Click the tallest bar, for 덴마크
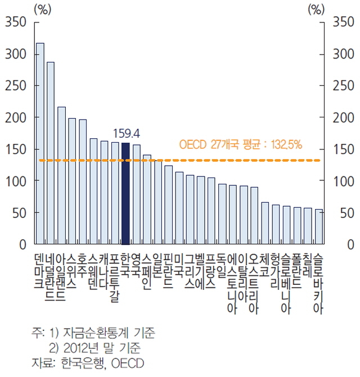pyautogui.click(x=40, y=144)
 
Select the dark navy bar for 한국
pyautogui.click(x=125, y=194)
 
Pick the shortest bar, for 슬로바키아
pyautogui.click(x=319, y=227)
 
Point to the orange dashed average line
pyautogui.click(x=225, y=160)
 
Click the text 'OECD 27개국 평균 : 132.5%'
pyautogui.click(x=241, y=144)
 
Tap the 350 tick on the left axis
pyautogui.click(x=16, y=22)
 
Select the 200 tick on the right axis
pyautogui.click(x=343, y=118)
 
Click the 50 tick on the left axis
pyautogui.click(x=19, y=214)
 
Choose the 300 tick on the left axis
pyautogui.click(x=16, y=54)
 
